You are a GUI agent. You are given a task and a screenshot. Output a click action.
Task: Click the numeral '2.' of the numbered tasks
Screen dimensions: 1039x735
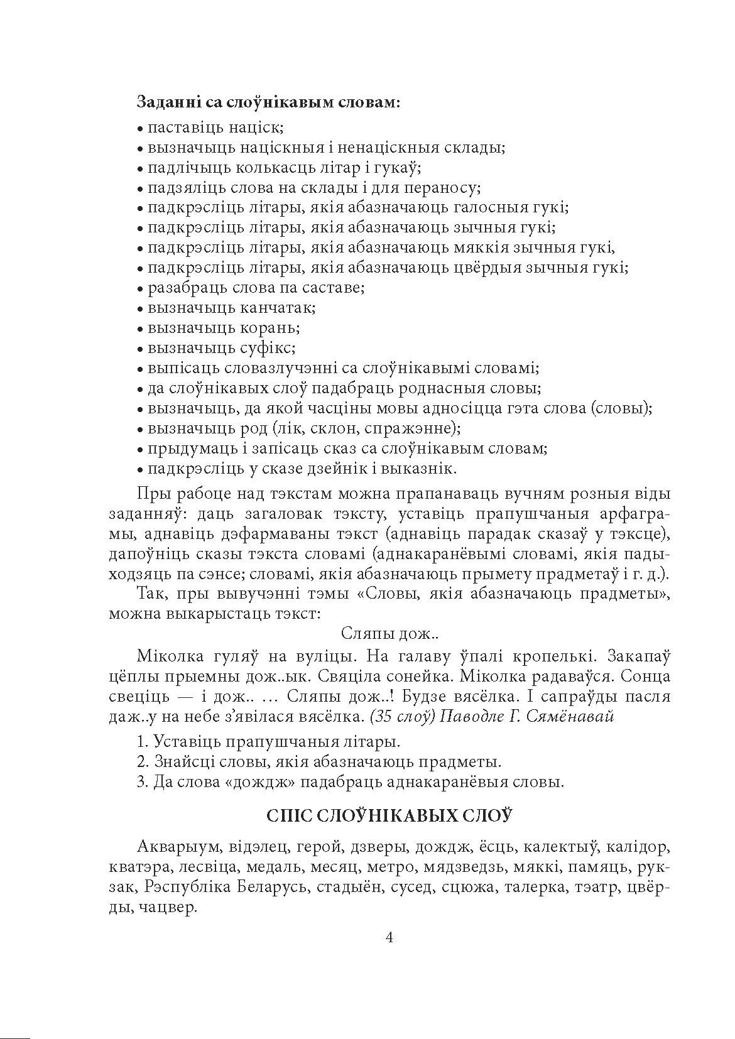point(141,763)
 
